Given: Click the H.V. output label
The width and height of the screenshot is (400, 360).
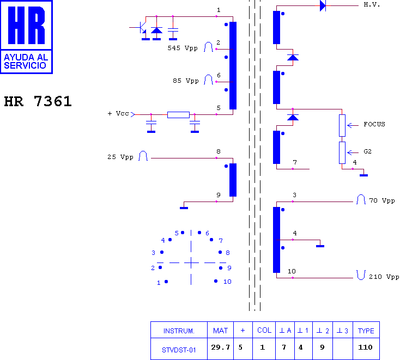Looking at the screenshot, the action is [372, 4].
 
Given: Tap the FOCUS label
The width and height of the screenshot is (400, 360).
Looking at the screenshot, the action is [374, 124].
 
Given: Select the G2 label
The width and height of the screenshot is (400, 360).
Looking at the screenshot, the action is [368, 151].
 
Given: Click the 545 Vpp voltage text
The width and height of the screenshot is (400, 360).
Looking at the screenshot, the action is [183, 48].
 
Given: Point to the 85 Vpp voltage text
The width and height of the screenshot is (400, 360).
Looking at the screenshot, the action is [185, 81].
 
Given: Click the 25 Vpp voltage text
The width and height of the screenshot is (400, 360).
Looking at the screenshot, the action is [120, 157].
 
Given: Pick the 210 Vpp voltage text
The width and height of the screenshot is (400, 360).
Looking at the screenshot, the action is [384, 277].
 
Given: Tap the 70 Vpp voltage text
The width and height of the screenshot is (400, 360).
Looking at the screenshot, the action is [382, 200].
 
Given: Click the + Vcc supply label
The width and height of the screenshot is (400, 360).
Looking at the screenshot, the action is [118, 113].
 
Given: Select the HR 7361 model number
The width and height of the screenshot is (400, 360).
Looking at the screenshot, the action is [38, 101].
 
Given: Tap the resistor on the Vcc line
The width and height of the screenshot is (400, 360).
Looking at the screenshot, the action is [178, 115].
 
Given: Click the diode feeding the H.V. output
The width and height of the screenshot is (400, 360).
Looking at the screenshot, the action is [323, 5].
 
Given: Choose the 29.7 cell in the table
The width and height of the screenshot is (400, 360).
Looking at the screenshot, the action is [220, 347].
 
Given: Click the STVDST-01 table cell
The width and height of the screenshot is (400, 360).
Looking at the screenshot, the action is [179, 350].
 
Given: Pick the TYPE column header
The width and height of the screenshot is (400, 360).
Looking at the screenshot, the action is [366, 331].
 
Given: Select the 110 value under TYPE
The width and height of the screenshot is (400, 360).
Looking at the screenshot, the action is [365, 347].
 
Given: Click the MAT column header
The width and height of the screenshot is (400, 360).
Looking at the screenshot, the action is [220, 331].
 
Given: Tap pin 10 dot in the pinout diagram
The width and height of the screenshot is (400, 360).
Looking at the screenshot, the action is [216, 281].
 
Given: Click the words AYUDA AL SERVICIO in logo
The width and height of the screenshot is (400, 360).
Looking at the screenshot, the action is [26, 62].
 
